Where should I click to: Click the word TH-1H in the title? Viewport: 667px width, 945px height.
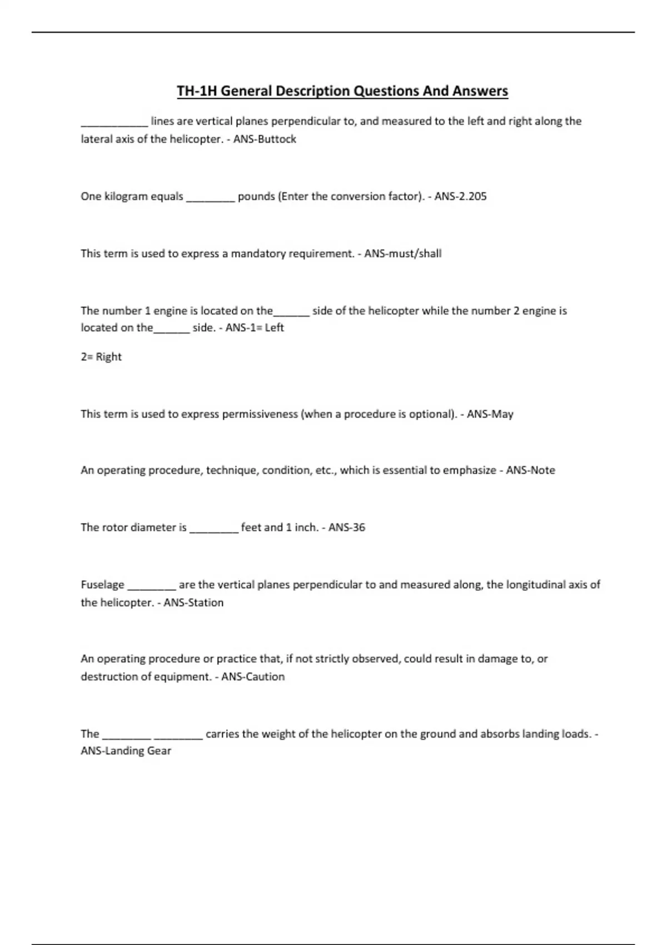coord(196,91)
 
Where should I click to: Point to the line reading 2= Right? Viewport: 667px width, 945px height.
coord(101,357)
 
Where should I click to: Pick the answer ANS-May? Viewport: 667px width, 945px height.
coord(490,414)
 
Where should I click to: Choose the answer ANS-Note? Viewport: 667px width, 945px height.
coord(530,470)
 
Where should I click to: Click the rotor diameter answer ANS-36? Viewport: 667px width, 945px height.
coord(347,528)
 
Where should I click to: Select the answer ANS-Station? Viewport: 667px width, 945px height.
coord(193,603)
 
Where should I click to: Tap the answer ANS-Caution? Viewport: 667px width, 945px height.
coord(253,677)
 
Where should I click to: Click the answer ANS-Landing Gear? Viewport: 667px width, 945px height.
coord(126,751)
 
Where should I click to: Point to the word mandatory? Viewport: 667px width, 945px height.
coord(258,253)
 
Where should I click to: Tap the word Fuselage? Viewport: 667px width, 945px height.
coord(102,585)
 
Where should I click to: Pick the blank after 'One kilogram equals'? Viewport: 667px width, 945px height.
coord(210,198)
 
